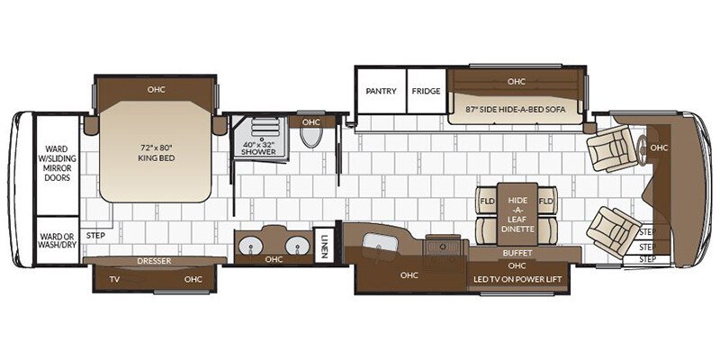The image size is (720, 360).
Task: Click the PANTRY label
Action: [x=381, y=91]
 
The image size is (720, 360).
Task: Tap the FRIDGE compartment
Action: [x=426, y=91]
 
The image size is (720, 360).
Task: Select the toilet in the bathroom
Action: [x=311, y=137]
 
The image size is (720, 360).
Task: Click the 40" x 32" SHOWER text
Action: [x=259, y=148]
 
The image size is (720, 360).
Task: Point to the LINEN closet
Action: [x=324, y=245]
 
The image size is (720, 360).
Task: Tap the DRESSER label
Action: [x=154, y=261]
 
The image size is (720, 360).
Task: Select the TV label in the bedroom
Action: [x=115, y=279]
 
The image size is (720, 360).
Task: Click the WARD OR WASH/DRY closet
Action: [x=58, y=240]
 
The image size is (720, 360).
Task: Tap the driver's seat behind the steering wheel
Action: [x=612, y=148]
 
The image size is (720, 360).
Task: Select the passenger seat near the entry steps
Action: [x=614, y=231]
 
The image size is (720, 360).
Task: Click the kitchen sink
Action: [x=380, y=243]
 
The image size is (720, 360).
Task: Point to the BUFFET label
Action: [x=517, y=253]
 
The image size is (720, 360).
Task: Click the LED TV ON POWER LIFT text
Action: [x=517, y=279]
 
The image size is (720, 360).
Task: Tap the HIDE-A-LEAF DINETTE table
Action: [x=517, y=214]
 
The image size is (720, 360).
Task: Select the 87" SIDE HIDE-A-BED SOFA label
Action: [x=516, y=110]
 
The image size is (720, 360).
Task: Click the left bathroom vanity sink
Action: [x=251, y=246]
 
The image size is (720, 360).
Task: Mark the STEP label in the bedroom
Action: [x=95, y=236]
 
